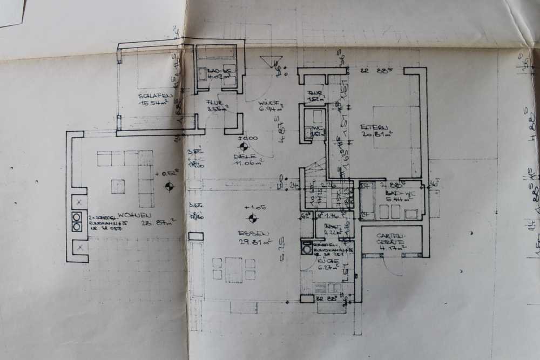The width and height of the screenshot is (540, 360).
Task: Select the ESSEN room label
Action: click(x=253, y=234)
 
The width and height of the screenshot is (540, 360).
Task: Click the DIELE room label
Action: click(x=241, y=157)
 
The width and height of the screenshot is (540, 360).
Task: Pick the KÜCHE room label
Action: click(x=328, y=261)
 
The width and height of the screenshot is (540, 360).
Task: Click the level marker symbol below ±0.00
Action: click(x=244, y=146)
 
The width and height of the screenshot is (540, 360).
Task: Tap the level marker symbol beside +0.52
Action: click(x=170, y=187)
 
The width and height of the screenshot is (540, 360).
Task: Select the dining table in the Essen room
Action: click(x=234, y=270)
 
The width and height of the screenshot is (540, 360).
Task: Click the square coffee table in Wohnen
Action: click(x=118, y=186)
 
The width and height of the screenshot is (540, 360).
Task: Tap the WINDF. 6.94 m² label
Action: click(x=268, y=105)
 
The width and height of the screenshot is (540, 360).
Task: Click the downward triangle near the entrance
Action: click(x=267, y=61)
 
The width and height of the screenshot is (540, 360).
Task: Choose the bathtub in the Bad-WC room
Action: click(x=367, y=201)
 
